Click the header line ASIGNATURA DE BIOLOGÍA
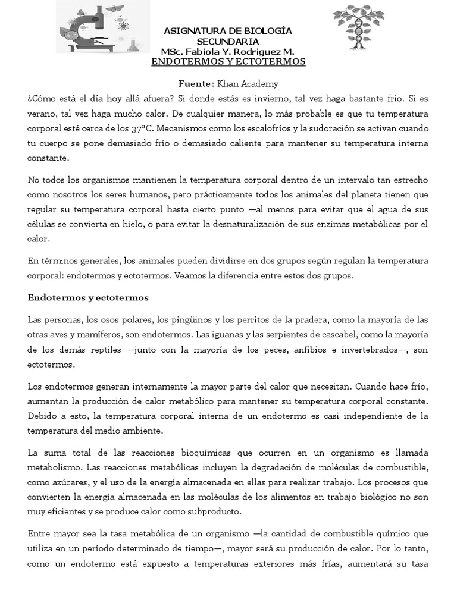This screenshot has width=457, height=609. [228, 31]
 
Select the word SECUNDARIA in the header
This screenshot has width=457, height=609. [228, 42]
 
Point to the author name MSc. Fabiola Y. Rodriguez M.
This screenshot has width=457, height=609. [228, 52]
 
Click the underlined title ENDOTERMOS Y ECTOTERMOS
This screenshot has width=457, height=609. [228, 62]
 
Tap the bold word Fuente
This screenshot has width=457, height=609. [195, 84]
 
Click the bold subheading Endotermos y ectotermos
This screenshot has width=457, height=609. [87, 297]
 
